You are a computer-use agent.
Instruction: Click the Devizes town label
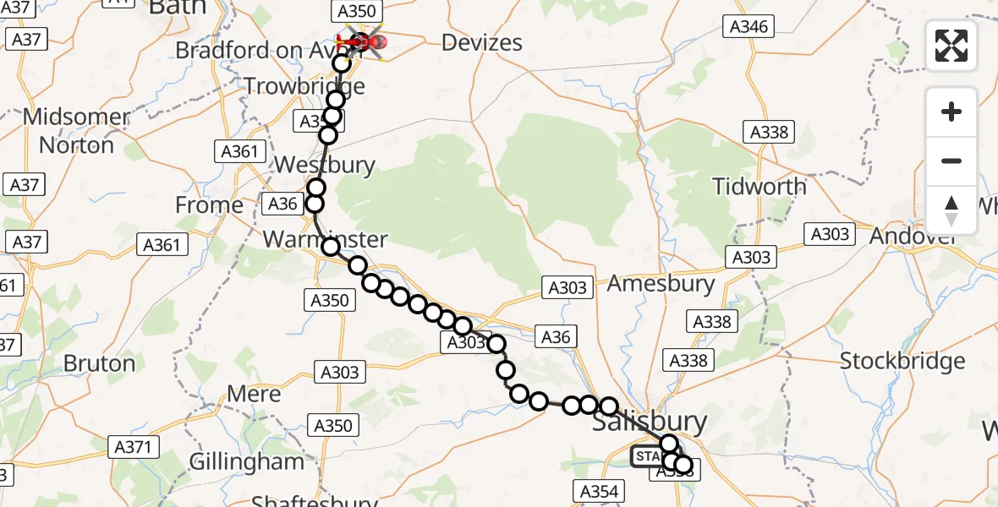click(x=483, y=43)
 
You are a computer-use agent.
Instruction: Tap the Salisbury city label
click(x=650, y=422)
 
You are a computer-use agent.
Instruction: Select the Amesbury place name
click(x=661, y=284)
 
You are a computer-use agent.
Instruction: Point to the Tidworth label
click(x=759, y=186)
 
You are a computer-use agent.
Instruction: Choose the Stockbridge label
click(x=902, y=362)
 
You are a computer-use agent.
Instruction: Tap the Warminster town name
click(x=325, y=239)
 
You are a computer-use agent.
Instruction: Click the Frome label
click(x=209, y=205)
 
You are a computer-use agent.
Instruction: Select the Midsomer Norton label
click(x=76, y=131)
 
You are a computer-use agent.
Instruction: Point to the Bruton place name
click(x=100, y=364)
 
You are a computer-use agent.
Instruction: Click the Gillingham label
click(x=246, y=462)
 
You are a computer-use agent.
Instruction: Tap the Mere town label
click(x=255, y=395)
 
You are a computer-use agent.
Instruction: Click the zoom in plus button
click(x=951, y=112)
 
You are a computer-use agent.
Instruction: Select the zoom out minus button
click(x=951, y=161)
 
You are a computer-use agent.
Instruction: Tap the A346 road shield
click(x=748, y=27)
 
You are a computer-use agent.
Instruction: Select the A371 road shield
click(x=134, y=447)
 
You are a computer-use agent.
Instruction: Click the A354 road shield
click(x=600, y=491)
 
